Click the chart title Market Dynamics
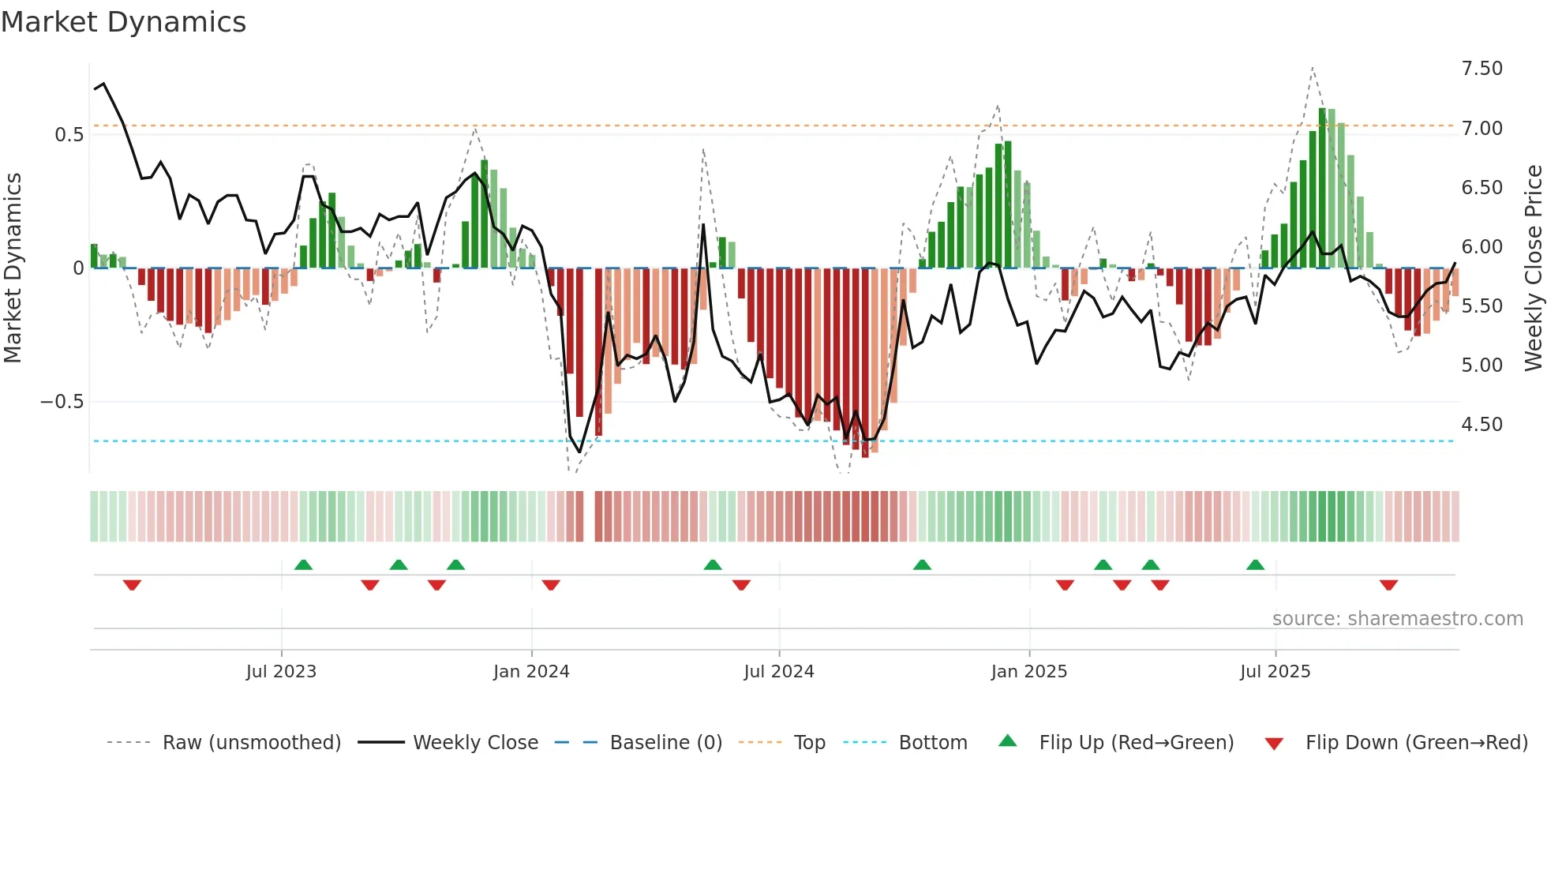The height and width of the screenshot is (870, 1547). [123, 22]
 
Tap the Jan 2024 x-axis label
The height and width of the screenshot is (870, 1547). [531, 672]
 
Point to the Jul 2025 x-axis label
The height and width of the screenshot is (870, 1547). [1275, 672]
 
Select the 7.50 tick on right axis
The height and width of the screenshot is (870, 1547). [1481, 69]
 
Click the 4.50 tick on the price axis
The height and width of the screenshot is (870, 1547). [1481, 425]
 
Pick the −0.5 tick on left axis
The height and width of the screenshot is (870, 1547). [62, 402]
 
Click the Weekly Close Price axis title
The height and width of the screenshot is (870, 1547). [1533, 268]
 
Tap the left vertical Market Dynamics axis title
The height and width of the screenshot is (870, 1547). [13, 268]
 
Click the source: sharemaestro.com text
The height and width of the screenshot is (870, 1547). [1397, 619]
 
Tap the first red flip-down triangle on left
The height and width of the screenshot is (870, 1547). [132, 585]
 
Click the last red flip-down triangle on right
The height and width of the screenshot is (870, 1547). [1388, 585]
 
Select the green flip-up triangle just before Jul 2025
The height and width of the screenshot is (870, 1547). [1255, 564]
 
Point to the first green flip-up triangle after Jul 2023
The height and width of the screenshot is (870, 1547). [303, 564]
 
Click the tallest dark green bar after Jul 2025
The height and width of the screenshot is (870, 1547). [1322, 188]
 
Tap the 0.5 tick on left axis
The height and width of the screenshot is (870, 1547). [69, 135]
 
